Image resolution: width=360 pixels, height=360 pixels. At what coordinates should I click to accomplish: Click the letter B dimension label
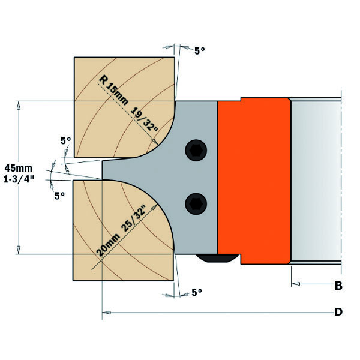coord(338,286)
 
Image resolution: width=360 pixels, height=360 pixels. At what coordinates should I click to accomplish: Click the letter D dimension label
coord(338,312)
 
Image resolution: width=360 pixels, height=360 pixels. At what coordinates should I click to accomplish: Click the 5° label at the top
coord(199,52)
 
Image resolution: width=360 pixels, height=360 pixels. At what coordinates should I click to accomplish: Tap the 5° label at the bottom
coord(197,292)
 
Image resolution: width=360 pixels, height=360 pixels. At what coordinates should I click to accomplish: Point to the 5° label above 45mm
coord(65,140)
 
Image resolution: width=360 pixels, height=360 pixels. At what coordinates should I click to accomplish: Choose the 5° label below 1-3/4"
coord(59,196)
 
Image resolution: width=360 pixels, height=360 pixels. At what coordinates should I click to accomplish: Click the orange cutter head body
coord(252,180)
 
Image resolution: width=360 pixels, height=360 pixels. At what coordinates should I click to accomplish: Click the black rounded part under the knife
coord(216,258)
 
